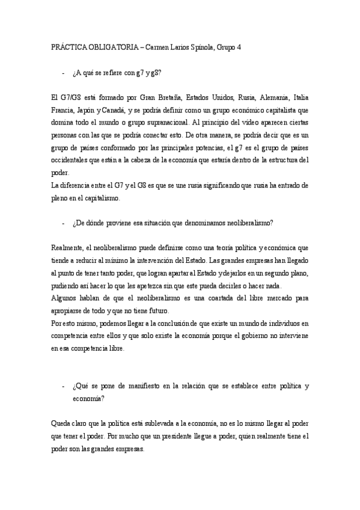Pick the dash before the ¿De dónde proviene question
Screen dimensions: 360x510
pyautogui.click(x=63, y=223)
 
